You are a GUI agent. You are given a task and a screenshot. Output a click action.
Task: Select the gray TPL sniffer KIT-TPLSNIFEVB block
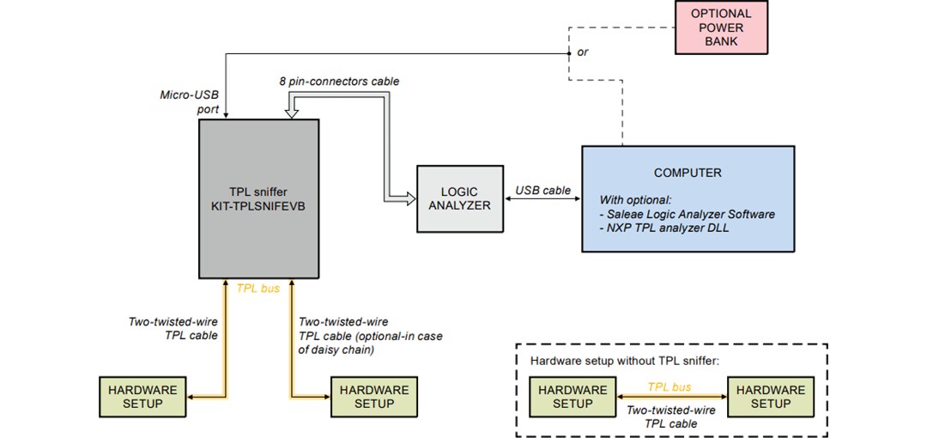(259, 198)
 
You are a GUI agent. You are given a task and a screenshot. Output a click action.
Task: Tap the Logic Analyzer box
(459, 198)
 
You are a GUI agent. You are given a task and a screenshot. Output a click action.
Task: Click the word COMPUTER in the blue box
(688, 173)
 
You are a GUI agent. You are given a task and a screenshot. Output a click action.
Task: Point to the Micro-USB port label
(190, 101)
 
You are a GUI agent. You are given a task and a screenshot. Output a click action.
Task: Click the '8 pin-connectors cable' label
(339, 82)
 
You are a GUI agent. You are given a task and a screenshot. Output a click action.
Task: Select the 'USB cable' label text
(542, 191)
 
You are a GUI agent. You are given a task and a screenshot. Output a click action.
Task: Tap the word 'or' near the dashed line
(584, 52)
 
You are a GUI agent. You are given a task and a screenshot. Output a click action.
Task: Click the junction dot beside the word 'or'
(568, 53)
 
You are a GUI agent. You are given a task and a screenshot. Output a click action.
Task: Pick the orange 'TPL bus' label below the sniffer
(258, 289)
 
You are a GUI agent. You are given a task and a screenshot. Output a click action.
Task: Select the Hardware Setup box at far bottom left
(142, 397)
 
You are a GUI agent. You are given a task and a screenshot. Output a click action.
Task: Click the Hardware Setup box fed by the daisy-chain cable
(374, 397)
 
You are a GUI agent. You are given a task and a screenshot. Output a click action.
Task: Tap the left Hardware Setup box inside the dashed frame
(573, 397)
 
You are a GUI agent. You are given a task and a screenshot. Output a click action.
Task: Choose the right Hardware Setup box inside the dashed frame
(770, 397)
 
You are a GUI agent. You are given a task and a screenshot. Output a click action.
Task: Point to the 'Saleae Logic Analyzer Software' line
(688, 214)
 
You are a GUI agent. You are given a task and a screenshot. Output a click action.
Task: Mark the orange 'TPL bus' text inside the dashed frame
(669, 387)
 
